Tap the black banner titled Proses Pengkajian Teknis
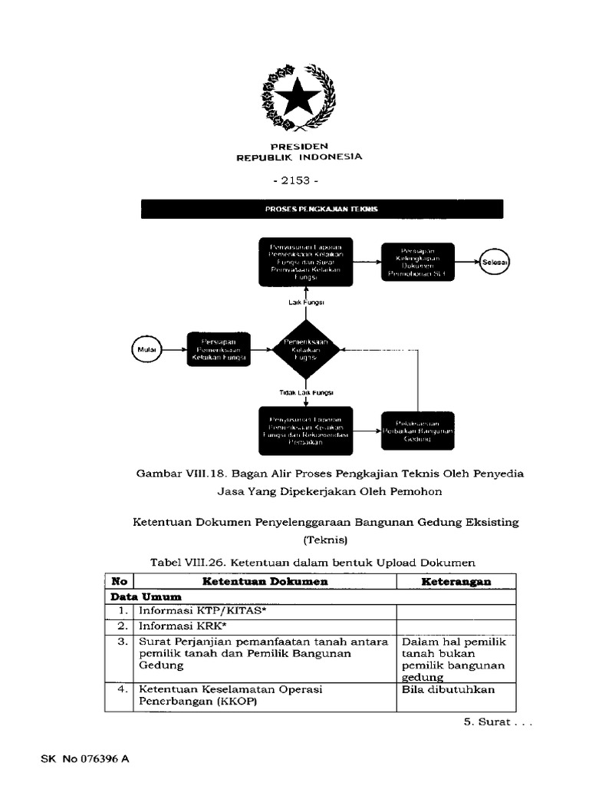click(x=322, y=209)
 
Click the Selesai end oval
click(x=495, y=263)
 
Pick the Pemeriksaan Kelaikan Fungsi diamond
click(x=306, y=350)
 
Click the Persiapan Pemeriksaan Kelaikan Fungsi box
click(x=219, y=350)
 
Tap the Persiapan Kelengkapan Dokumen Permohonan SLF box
click(x=417, y=263)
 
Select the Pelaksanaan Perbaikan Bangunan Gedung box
click(x=417, y=431)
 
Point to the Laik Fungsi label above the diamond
click(x=306, y=302)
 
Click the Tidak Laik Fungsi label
click(x=306, y=392)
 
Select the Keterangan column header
click(x=456, y=582)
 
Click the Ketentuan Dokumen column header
click(x=265, y=582)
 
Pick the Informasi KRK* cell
click(x=265, y=626)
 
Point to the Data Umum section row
click(x=146, y=596)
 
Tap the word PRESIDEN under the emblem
click(x=298, y=146)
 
